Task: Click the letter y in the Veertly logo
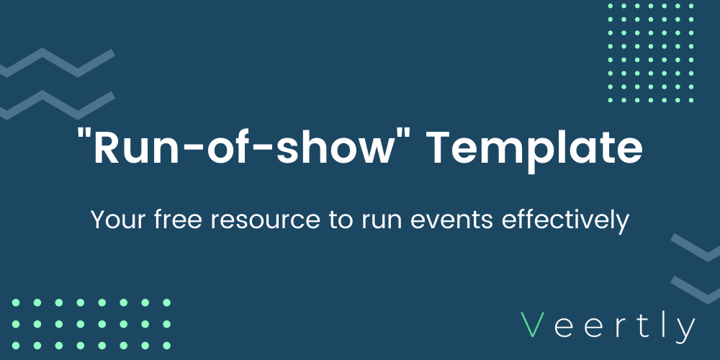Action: (684, 329)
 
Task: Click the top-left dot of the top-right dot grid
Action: (611, 6)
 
